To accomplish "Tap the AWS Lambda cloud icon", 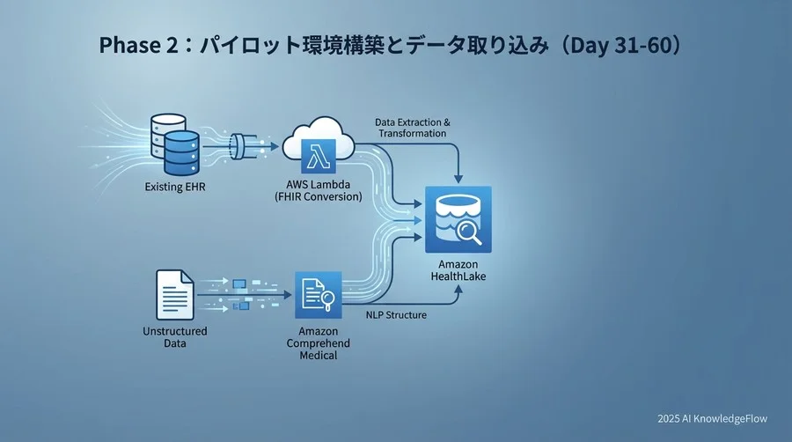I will click(318, 148).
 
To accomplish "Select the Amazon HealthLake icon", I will click(457, 218).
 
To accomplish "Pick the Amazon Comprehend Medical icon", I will click(318, 297).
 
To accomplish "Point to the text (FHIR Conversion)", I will click(318, 197).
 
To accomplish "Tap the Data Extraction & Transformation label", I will click(411, 127).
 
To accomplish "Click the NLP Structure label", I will click(396, 314).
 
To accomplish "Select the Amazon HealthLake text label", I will click(457, 270).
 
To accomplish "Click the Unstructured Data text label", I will click(174, 336).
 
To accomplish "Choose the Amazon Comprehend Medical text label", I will click(318, 343).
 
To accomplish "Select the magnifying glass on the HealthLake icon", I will click(468, 232).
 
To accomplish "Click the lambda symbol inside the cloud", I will click(317, 157).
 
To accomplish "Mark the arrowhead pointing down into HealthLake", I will click(457, 180).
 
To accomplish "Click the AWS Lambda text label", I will click(318, 185).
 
